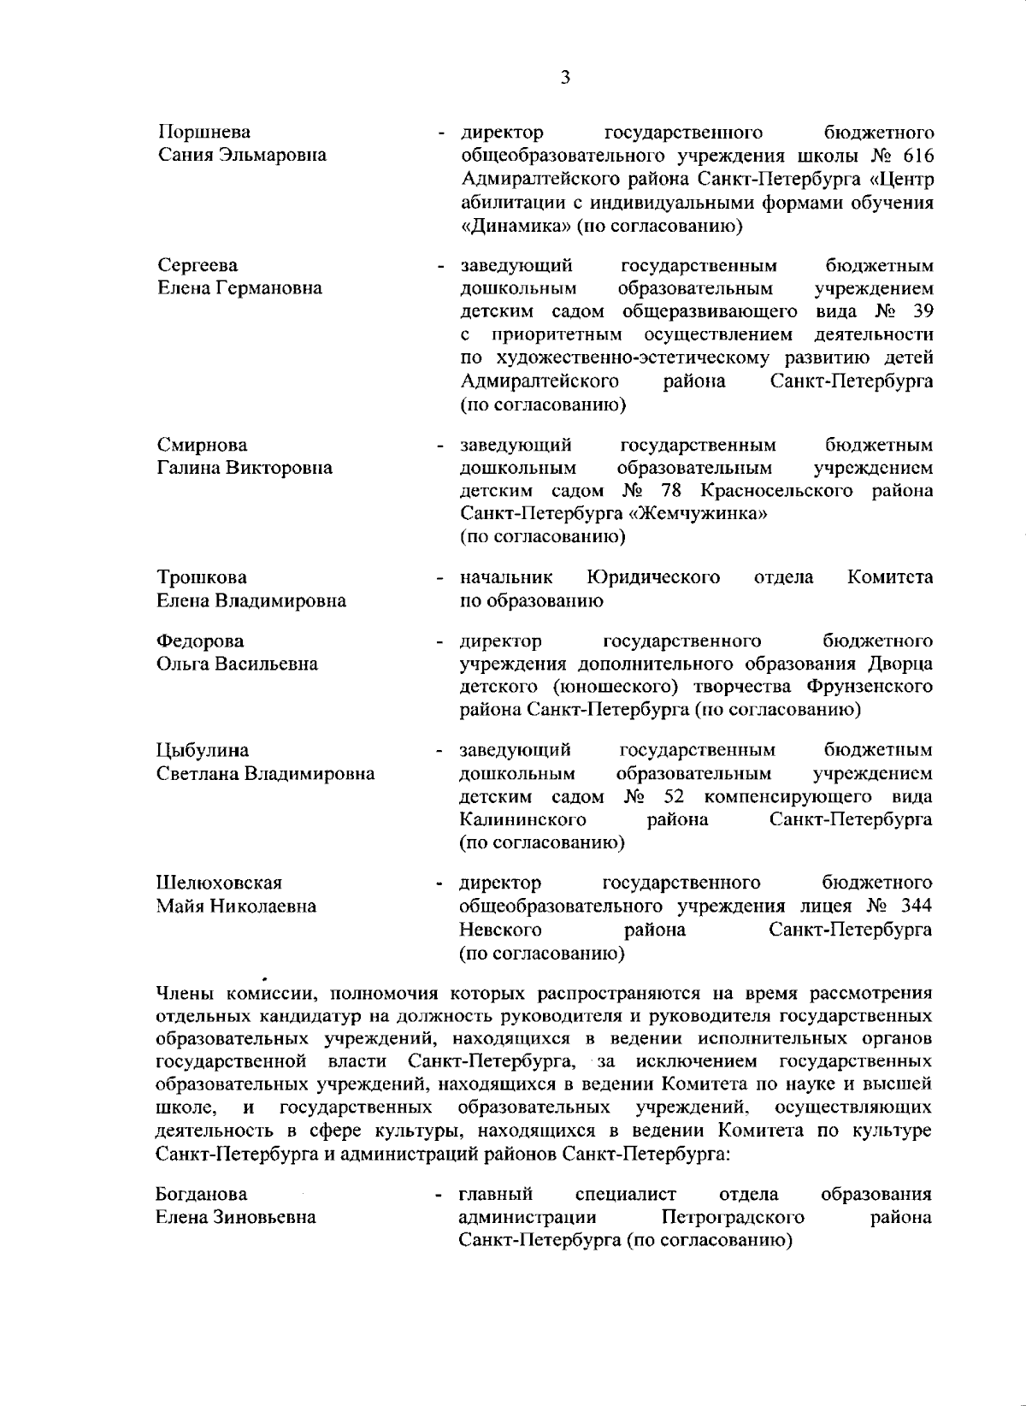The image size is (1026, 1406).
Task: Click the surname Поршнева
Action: click(x=204, y=133)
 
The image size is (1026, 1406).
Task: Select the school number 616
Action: click(x=913, y=157)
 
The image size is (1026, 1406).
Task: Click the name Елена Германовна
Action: click(x=240, y=288)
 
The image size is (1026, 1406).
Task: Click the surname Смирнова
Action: click(x=203, y=445)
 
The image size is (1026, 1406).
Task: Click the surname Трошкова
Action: click(x=202, y=577)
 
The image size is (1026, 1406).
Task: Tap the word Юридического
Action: click(x=653, y=577)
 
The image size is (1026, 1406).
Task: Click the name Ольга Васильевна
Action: click(x=237, y=664)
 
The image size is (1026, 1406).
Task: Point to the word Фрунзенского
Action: click(x=869, y=687)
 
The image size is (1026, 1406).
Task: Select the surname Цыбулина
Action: click(x=203, y=751)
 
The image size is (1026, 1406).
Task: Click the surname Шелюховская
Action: click(x=219, y=883)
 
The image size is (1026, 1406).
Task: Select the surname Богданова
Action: click(x=202, y=1194)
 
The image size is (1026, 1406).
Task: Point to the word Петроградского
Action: click(x=733, y=1217)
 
